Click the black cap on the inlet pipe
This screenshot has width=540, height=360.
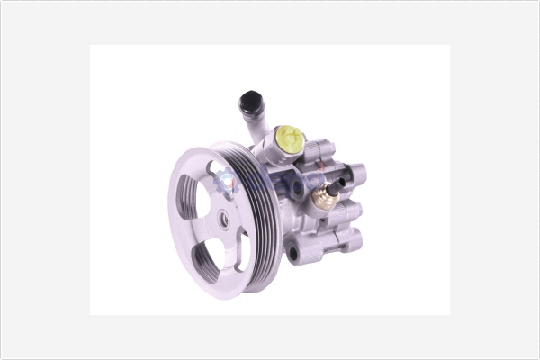click(x=251, y=101)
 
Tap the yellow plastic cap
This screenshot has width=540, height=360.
click(x=288, y=139)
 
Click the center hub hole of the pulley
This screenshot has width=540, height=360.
click(x=222, y=217)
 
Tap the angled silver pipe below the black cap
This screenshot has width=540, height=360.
click(x=261, y=126)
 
